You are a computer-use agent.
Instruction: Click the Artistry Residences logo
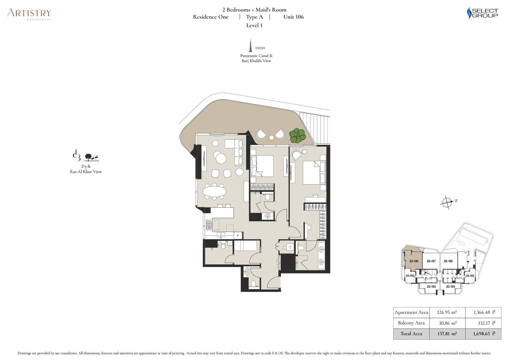pyautogui.click(x=29, y=14)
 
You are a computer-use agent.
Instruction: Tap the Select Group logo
pyautogui.click(x=482, y=13)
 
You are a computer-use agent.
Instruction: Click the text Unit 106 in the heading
pyautogui.click(x=294, y=17)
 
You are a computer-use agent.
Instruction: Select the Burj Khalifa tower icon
pyautogui.click(x=250, y=45)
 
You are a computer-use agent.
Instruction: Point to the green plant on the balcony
pyautogui.click(x=298, y=136)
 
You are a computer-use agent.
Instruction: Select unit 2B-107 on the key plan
pyautogui.click(x=431, y=261)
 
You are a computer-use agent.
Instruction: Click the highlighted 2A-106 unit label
pyautogui.click(x=414, y=261)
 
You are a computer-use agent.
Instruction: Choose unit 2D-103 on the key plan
pyautogui.click(x=450, y=287)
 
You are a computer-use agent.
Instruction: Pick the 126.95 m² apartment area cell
pyautogui.click(x=447, y=312)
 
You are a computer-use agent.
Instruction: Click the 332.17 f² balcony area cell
pyautogui.click(x=483, y=323)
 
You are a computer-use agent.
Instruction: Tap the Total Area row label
pyautogui.click(x=411, y=334)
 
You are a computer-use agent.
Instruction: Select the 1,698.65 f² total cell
pyautogui.click(x=483, y=334)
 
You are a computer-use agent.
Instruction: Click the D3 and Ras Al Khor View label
pyautogui.click(x=86, y=169)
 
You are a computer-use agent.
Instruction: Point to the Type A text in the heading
pyautogui.click(x=254, y=17)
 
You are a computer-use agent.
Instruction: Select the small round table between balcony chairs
pyautogui.click(x=271, y=137)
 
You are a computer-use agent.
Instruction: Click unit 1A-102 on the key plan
pyautogui.click(x=470, y=276)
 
